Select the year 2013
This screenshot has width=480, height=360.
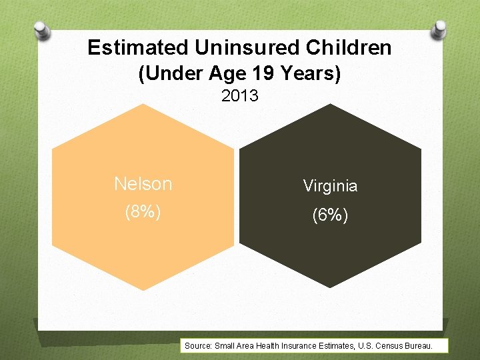click(240, 96)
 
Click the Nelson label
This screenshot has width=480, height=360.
click(143, 184)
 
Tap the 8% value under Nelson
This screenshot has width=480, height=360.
click(143, 211)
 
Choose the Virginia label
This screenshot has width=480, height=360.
click(330, 186)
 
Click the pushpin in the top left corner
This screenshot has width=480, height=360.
click(41, 30)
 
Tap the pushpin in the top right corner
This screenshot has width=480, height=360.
click(439, 29)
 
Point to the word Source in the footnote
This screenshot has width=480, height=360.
click(198, 346)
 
